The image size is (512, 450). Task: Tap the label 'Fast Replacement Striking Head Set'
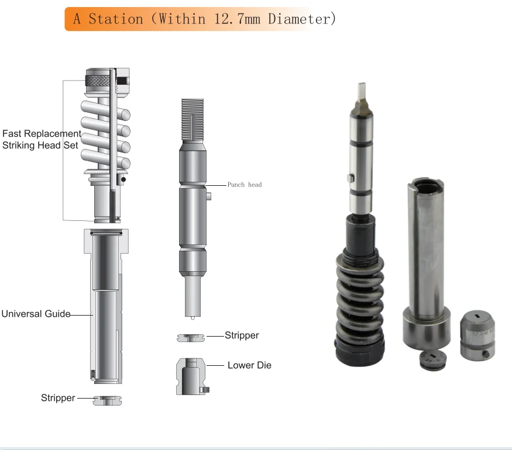[40, 140]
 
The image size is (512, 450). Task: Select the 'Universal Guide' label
[35, 314]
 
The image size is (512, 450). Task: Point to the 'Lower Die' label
[249, 365]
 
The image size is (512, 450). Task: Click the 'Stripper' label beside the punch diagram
[242, 335]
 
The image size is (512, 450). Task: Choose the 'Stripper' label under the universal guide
[58, 398]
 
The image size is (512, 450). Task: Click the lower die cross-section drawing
[191, 375]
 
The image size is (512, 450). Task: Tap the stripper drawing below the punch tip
[191, 337]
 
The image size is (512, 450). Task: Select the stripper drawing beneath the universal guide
[109, 400]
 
